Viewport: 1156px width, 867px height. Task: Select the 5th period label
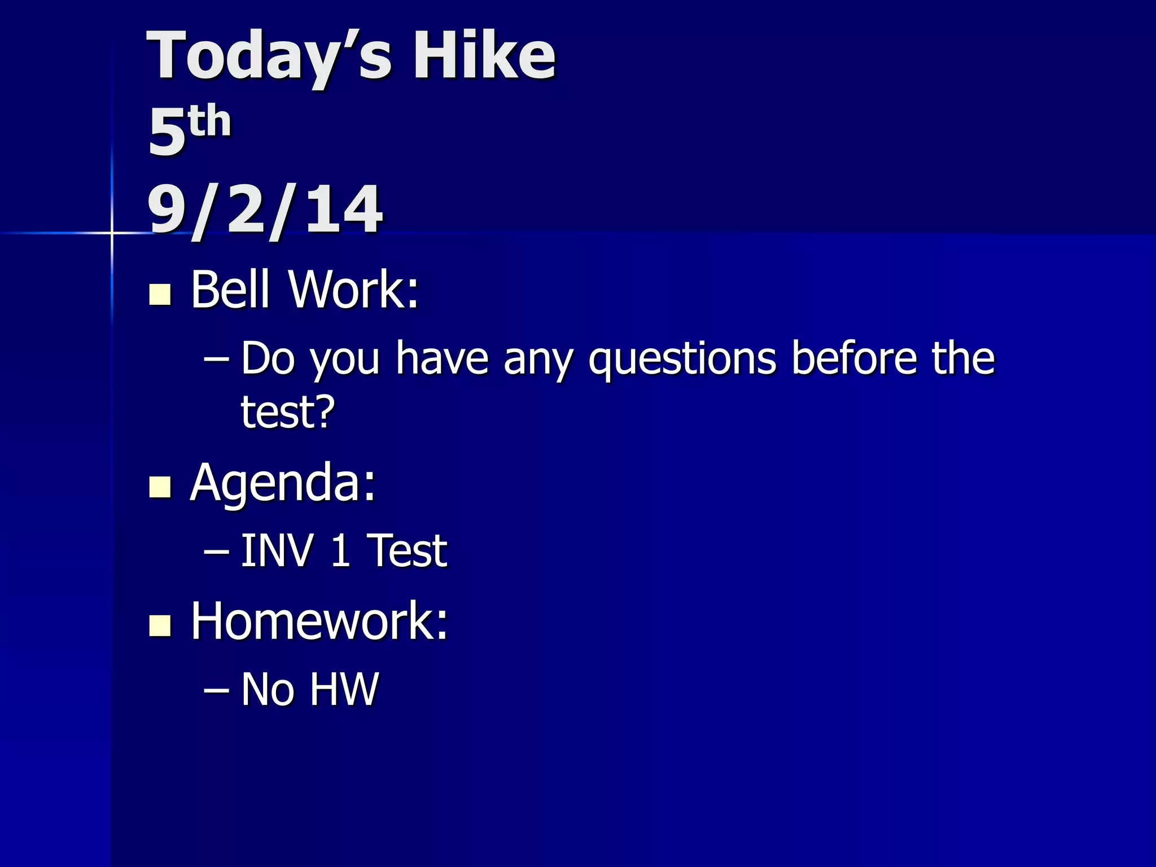pyautogui.click(x=189, y=130)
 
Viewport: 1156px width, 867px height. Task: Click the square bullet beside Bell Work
pyautogui.click(x=160, y=295)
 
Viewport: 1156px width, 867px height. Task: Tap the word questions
pyautogui.click(x=682, y=360)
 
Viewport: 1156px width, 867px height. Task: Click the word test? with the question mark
pyautogui.click(x=288, y=411)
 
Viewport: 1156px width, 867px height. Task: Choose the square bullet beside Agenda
pyautogui.click(x=160, y=487)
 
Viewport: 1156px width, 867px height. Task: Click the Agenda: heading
pyautogui.click(x=283, y=483)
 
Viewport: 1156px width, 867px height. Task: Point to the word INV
pyautogui.click(x=277, y=550)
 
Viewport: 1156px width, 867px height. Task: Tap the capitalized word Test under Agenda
pyautogui.click(x=407, y=550)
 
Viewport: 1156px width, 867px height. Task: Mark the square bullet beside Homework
pyautogui.click(x=160, y=625)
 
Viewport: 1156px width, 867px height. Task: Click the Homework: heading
pyautogui.click(x=319, y=621)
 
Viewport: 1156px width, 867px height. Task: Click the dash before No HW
pyautogui.click(x=216, y=690)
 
